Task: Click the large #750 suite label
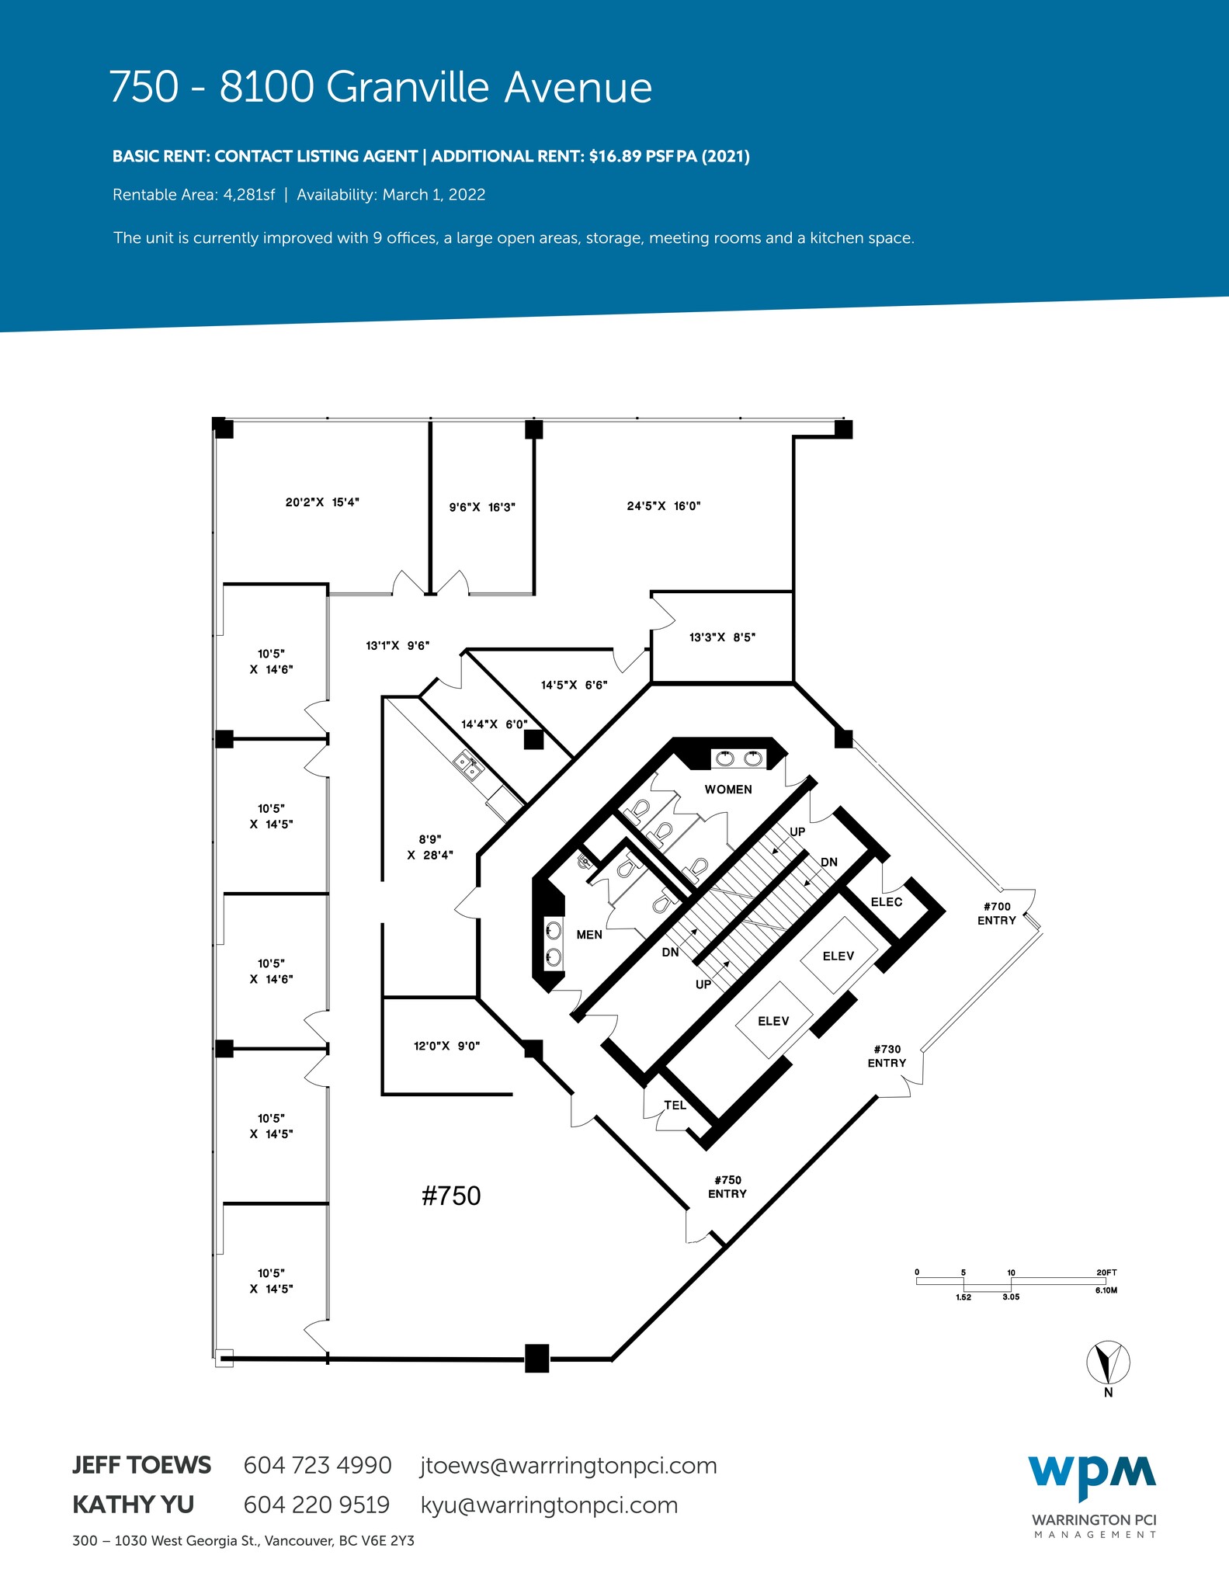point(451,1196)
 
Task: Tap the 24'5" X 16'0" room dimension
point(664,506)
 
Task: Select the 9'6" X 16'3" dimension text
point(482,508)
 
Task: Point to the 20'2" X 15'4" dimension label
point(322,502)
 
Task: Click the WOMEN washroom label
point(727,790)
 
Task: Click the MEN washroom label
point(589,935)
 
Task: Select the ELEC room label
point(886,902)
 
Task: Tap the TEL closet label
point(675,1106)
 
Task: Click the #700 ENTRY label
point(997,914)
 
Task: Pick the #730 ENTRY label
point(887,1057)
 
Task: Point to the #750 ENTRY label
point(727,1187)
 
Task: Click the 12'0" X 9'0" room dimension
point(446,1046)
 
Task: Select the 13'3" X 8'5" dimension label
point(722,637)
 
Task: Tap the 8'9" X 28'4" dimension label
point(429,847)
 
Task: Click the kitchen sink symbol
point(469,766)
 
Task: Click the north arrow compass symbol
point(1108,1362)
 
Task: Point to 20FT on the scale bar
point(1106,1272)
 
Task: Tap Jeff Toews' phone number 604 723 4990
point(318,1465)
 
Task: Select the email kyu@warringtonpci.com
point(549,1505)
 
